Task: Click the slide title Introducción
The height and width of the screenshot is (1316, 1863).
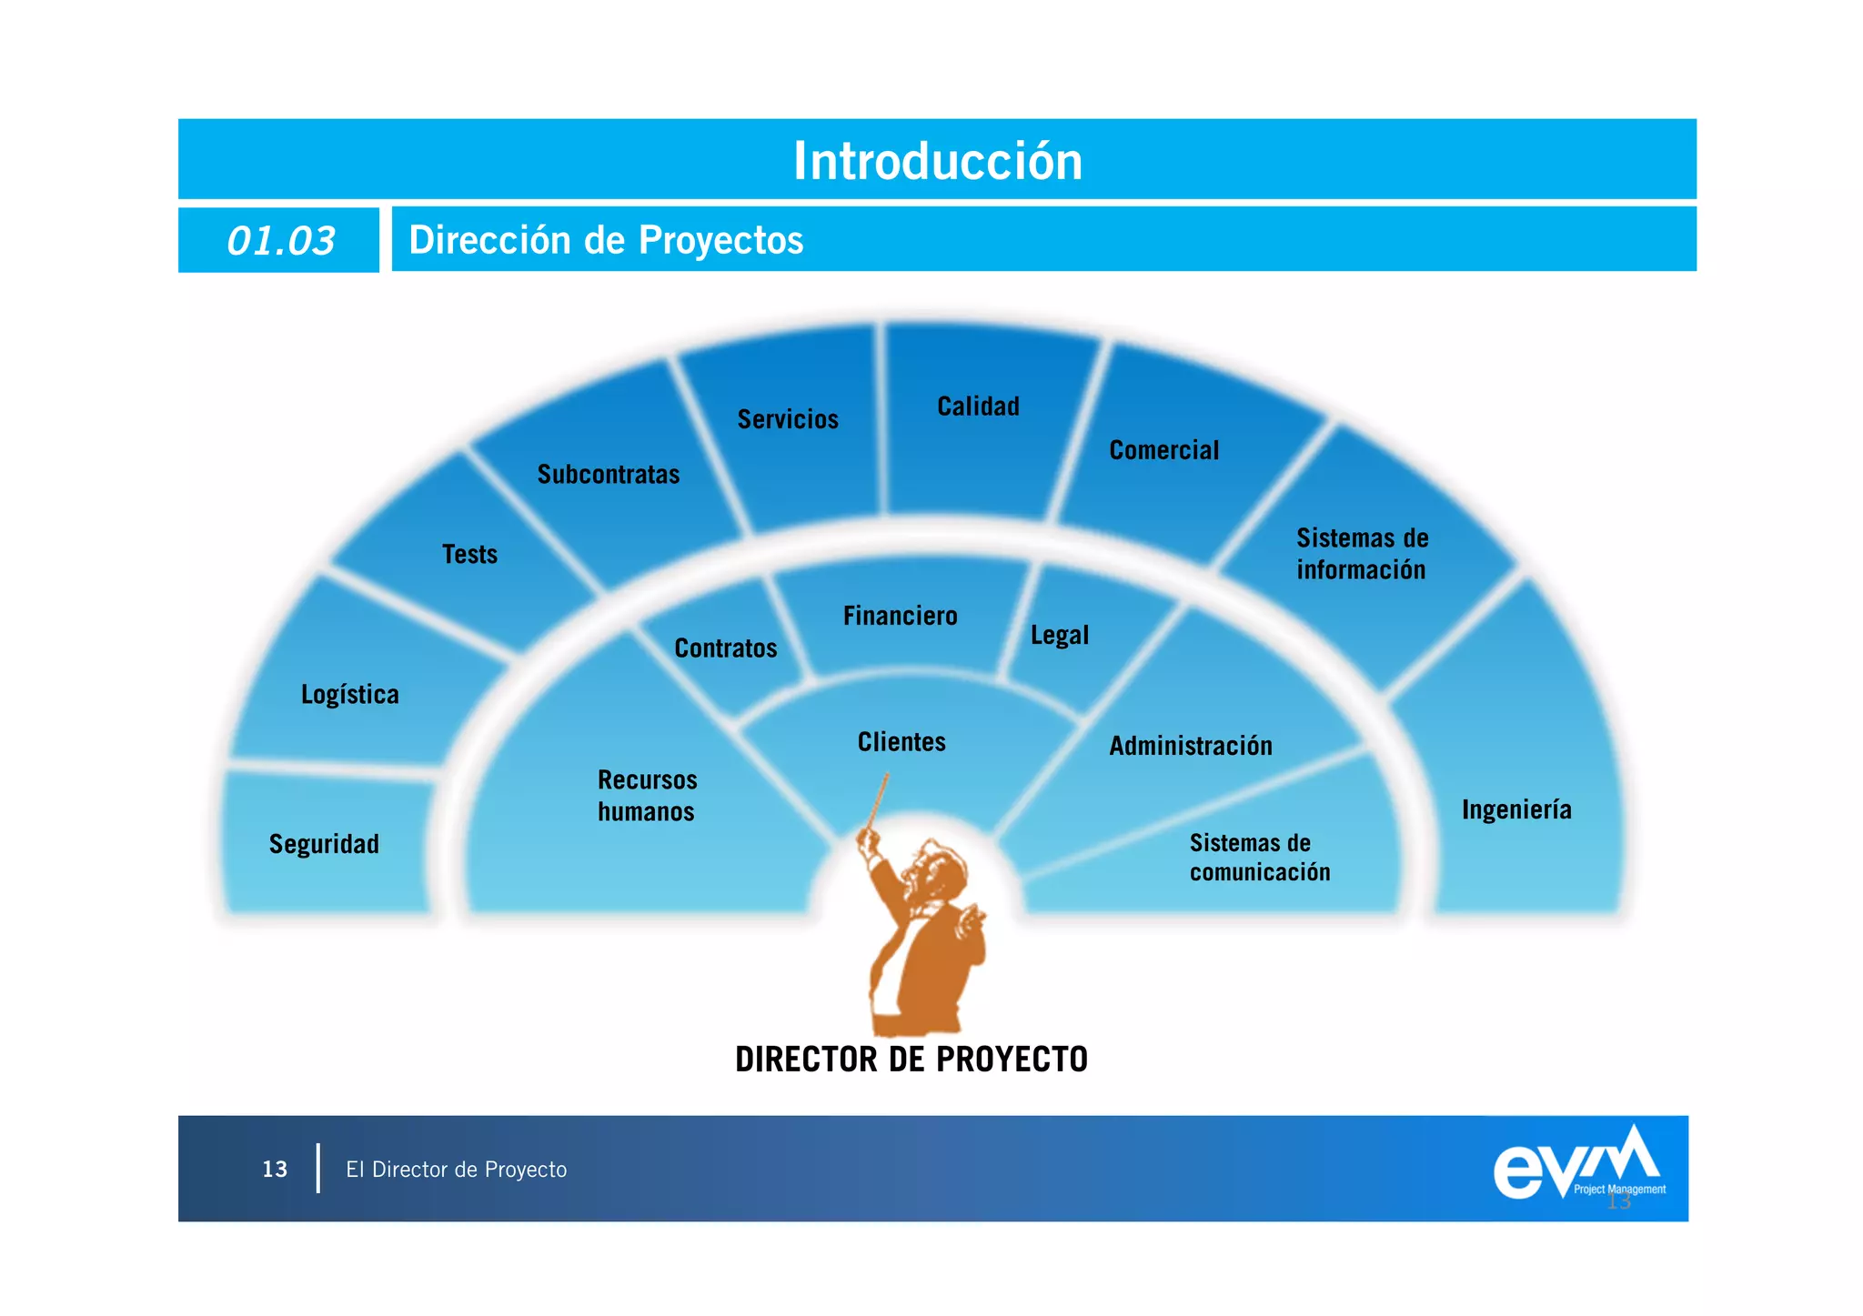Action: tap(938, 161)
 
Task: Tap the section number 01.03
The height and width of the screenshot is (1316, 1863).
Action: tap(280, 241)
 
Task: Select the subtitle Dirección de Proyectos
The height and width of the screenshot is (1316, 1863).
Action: tap(606, 240)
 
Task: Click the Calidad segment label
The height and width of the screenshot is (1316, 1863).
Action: tap(978, 407)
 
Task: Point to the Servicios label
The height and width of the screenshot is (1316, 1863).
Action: tap(788, 419)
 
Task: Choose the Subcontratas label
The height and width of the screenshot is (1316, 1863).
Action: tap(609, 475)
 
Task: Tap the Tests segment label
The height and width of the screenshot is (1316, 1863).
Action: tap(469, 554)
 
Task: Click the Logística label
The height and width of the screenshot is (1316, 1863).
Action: tap(350, 695)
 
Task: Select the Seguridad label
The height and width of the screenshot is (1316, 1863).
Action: tap(324, 844)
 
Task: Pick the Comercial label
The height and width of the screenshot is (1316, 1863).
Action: tap(1163, 450)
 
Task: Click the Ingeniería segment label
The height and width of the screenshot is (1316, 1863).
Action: tap(1516, 809)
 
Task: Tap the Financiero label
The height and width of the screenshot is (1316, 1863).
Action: tap(900, 616)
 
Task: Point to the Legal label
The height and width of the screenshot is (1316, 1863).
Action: tap(1059, 635)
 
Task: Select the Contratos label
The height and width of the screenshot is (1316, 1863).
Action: tap(726, 648)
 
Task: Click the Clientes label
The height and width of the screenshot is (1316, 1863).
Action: tap(901, 742)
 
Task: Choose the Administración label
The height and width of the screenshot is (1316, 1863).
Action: tap(1191, 746)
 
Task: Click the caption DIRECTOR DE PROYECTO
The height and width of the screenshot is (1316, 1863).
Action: tap(911, 1060)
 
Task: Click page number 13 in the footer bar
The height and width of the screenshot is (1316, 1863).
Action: tap(275, 1170)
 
